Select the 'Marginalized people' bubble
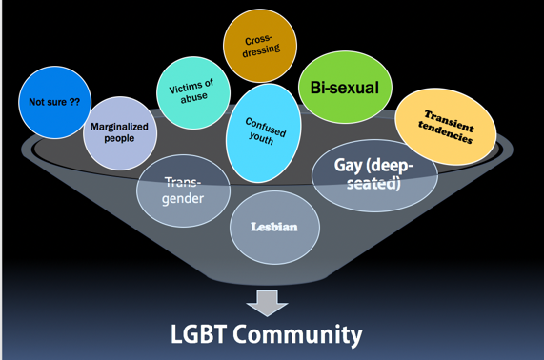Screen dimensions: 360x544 click(x=119, y=132)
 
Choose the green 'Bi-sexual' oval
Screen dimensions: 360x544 click(x=343, y=89)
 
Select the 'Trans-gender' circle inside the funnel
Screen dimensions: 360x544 click(x=183, y=189)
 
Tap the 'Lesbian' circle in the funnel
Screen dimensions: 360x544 click(x=273, y=227)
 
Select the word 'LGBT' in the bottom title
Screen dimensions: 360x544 click(x=203, y=335)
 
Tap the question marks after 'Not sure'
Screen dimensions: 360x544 click(x=73, y=101)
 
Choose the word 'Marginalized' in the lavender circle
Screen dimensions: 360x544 click(x=119, y=126)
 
